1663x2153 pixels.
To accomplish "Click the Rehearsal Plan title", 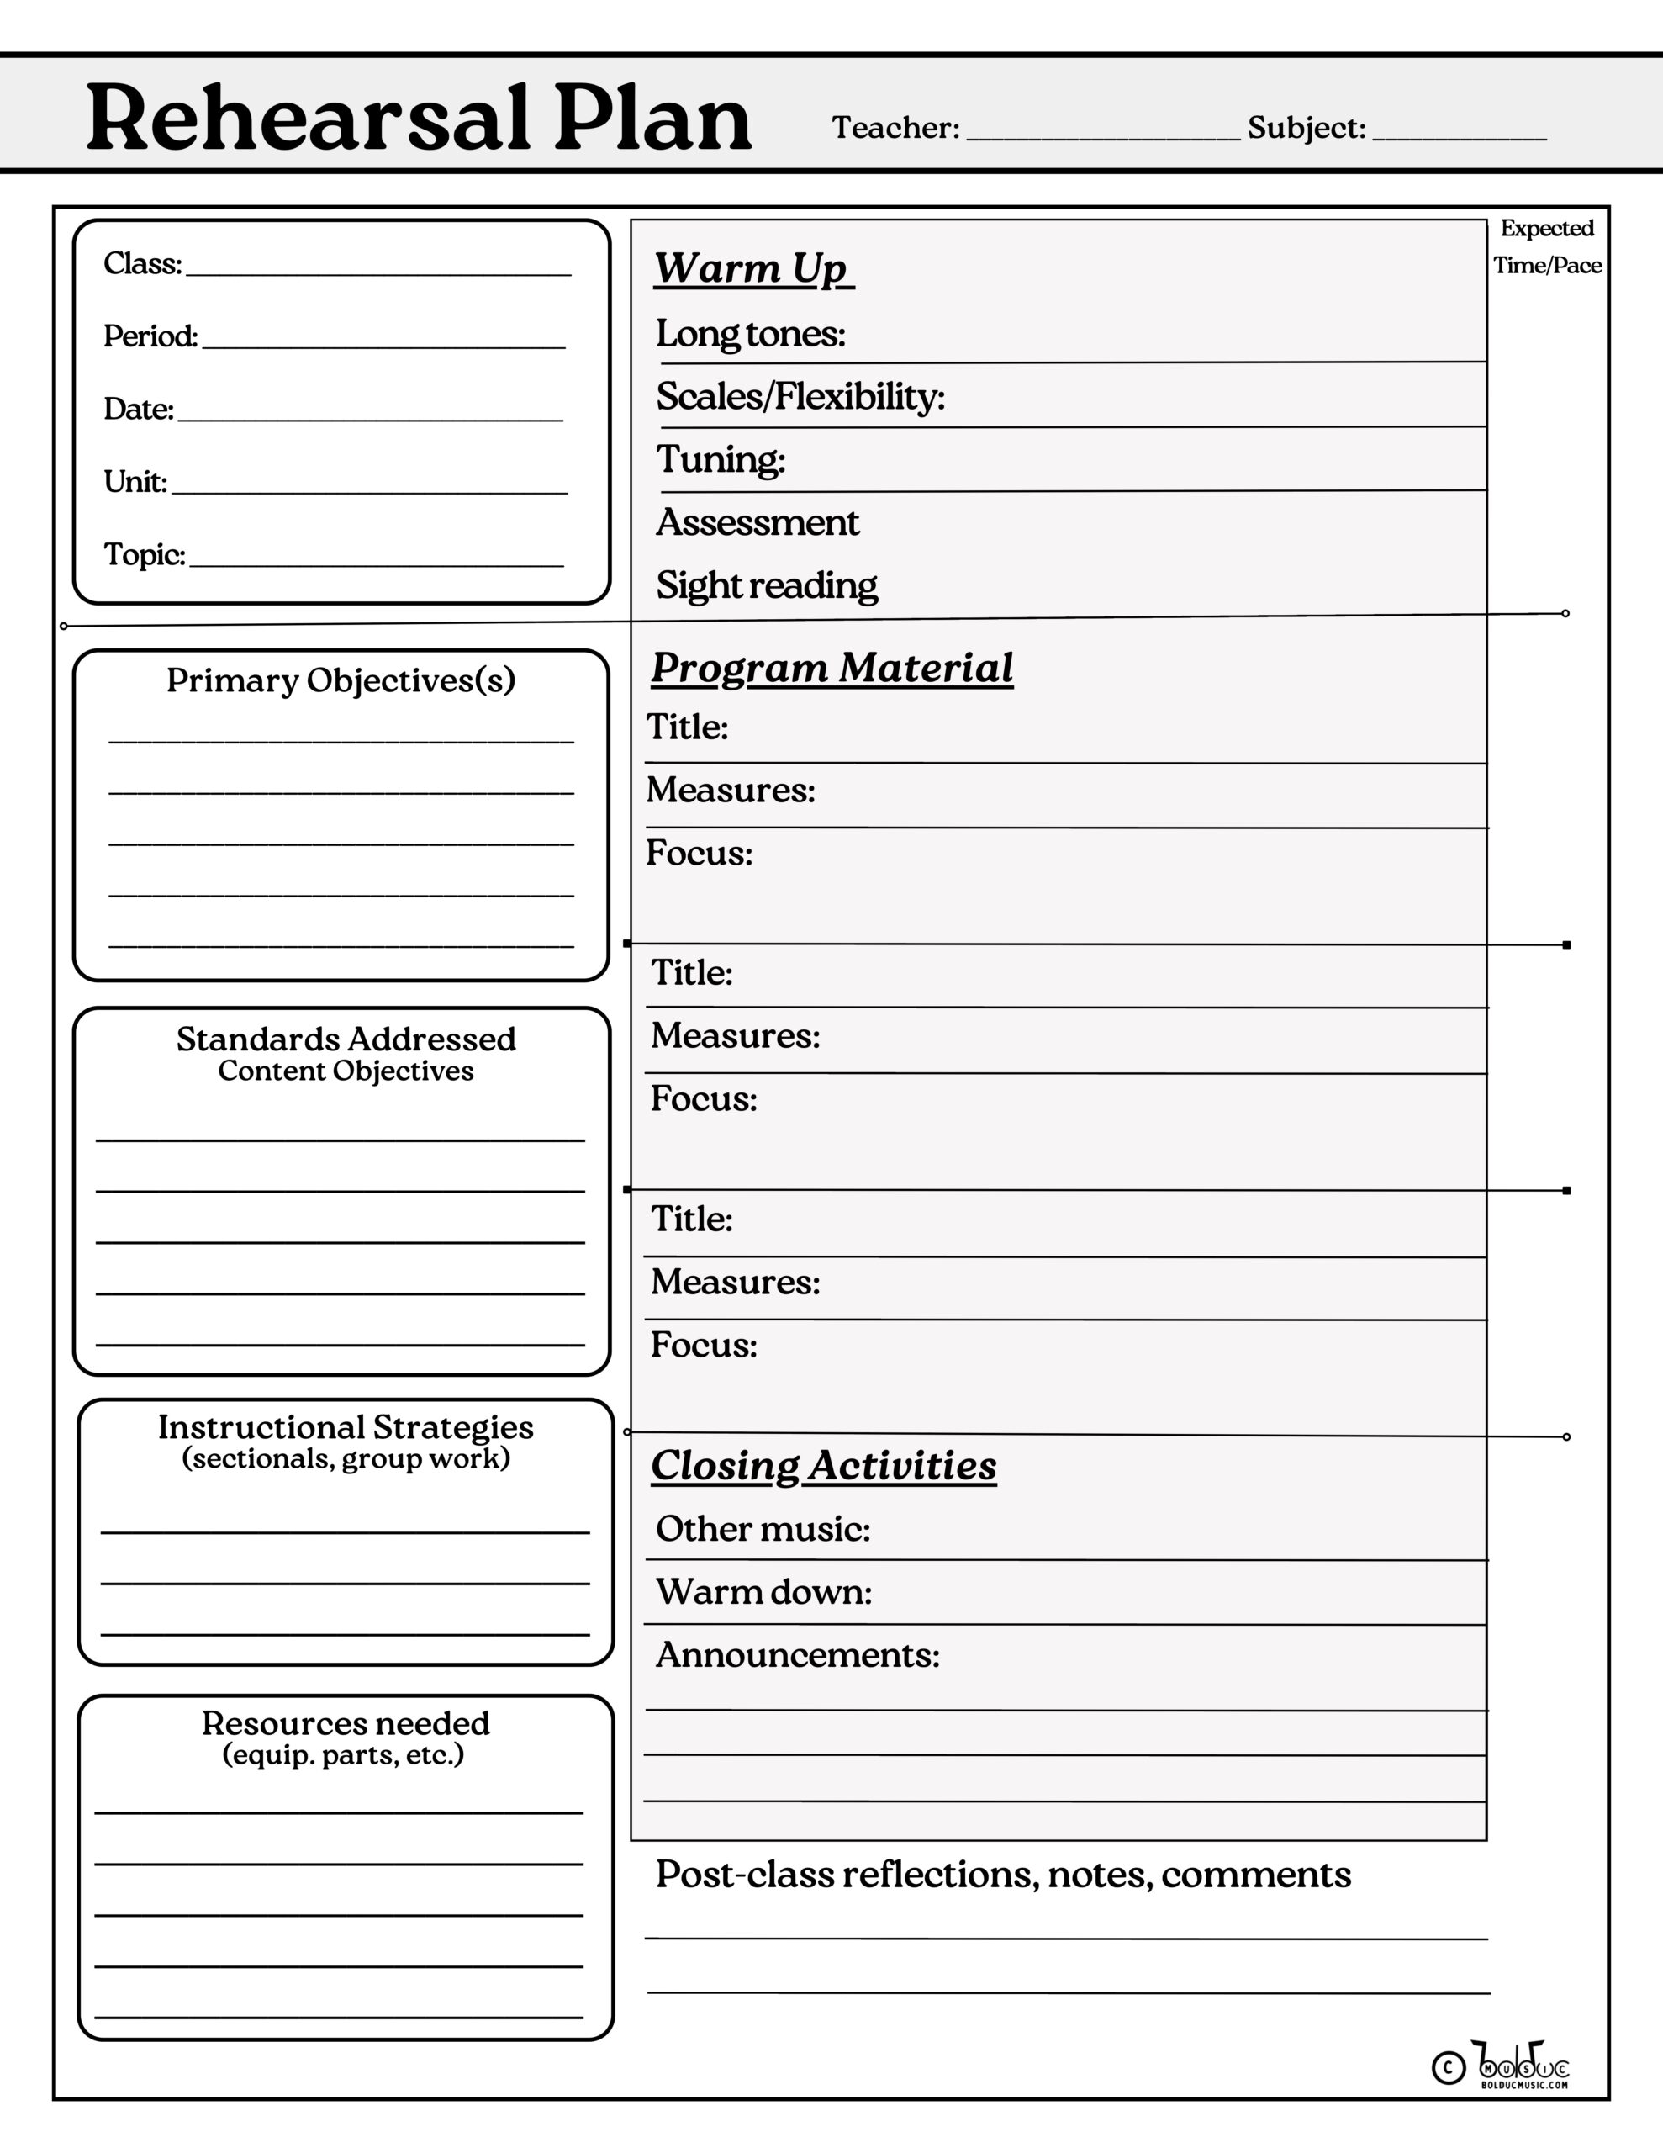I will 419,120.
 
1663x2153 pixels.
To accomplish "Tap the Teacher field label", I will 895,128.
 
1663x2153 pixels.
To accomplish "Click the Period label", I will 150,337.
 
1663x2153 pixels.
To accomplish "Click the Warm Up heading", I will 753,268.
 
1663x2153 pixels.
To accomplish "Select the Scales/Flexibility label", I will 800,396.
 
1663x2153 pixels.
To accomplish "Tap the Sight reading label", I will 766,585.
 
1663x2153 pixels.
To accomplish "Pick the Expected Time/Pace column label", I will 1547,246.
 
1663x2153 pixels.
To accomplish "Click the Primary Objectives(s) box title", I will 341,680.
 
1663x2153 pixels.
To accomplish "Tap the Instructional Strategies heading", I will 345,1426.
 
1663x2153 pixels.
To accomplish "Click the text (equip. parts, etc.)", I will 343,1756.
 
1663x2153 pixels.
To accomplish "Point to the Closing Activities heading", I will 823,1466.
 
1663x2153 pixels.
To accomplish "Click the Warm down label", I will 763,1592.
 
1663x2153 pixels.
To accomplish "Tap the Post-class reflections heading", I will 1002,1875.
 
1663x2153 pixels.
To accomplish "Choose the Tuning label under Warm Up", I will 721,459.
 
